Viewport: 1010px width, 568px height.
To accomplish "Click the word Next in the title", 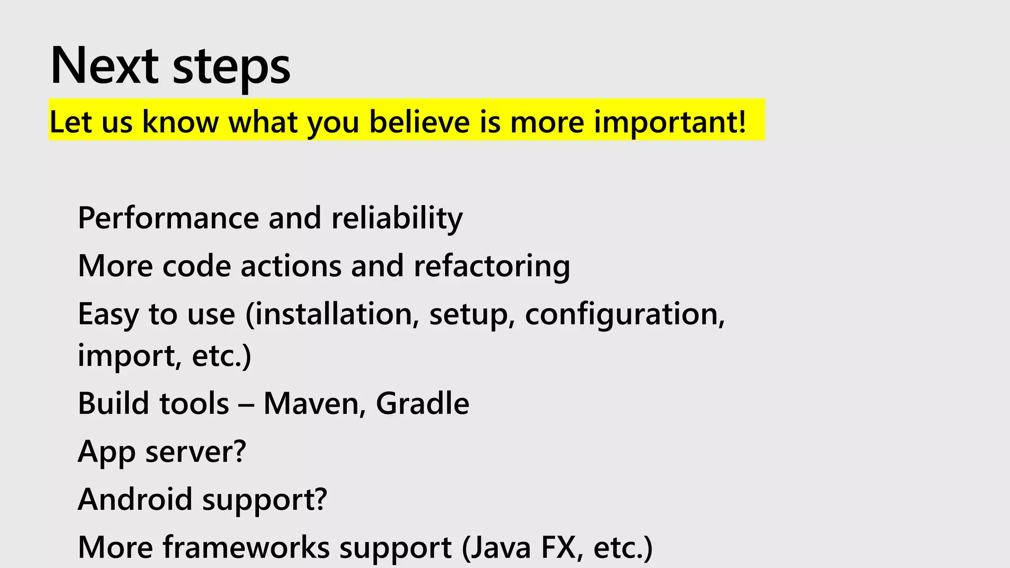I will [104, 66].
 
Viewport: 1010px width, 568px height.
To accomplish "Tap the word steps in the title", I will [231, 68].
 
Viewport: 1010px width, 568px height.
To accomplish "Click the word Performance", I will [168, 217].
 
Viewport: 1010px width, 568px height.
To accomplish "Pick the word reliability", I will [397, 217].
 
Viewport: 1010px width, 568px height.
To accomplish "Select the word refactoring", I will [492, 266].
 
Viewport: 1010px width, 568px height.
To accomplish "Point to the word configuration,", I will [625, 314].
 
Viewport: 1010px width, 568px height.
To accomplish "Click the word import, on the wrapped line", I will [130, 355].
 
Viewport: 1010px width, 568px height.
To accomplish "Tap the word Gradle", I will [423, 403].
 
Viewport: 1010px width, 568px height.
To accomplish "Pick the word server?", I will [195, 451].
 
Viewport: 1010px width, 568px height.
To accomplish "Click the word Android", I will [135, 499].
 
